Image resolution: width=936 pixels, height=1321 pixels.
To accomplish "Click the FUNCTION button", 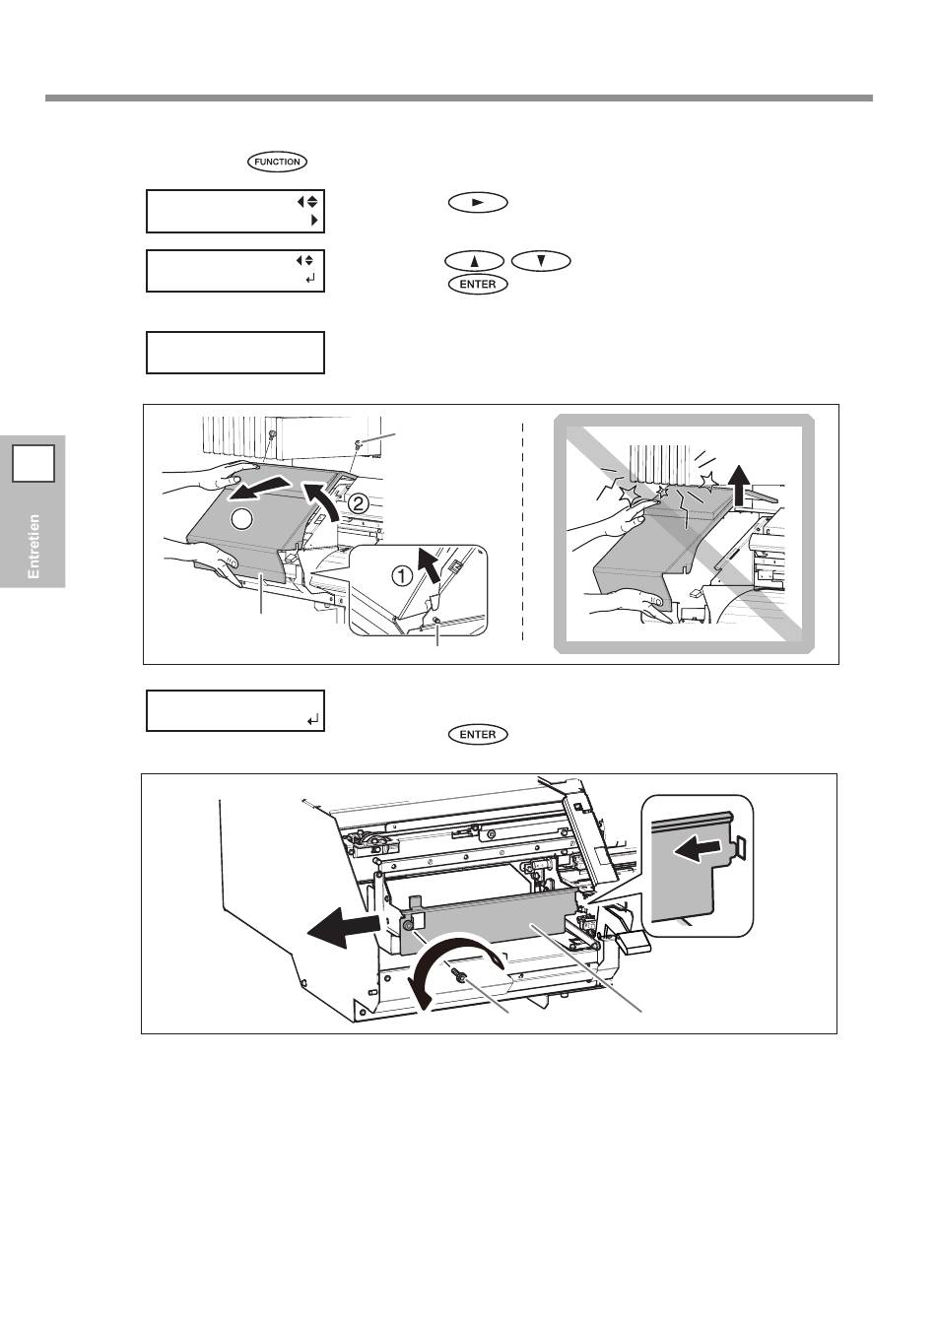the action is (277, 162).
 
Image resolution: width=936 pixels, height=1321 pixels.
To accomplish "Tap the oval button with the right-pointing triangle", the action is (478, 202).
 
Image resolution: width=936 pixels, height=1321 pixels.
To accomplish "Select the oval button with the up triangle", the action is (474, 261).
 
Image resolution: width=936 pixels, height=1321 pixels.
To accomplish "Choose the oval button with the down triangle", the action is (541, 261).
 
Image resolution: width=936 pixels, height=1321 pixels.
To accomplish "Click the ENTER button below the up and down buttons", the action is (478, 284).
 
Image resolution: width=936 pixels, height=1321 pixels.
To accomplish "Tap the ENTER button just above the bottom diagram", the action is (478, 734).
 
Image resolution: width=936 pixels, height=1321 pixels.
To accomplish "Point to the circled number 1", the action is (403, 575).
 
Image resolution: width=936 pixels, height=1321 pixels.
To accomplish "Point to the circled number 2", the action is (358, 503).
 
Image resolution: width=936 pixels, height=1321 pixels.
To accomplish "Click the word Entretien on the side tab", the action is (33, 546).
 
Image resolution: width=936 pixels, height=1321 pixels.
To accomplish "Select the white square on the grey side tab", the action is (33, 464).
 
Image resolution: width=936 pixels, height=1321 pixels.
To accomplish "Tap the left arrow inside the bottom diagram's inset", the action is (698, 850).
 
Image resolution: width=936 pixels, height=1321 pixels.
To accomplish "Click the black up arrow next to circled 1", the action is (430, 565).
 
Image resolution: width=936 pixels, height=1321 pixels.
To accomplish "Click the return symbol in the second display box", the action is (312, 279).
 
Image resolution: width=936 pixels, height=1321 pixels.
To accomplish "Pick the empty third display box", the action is (235, 353).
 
